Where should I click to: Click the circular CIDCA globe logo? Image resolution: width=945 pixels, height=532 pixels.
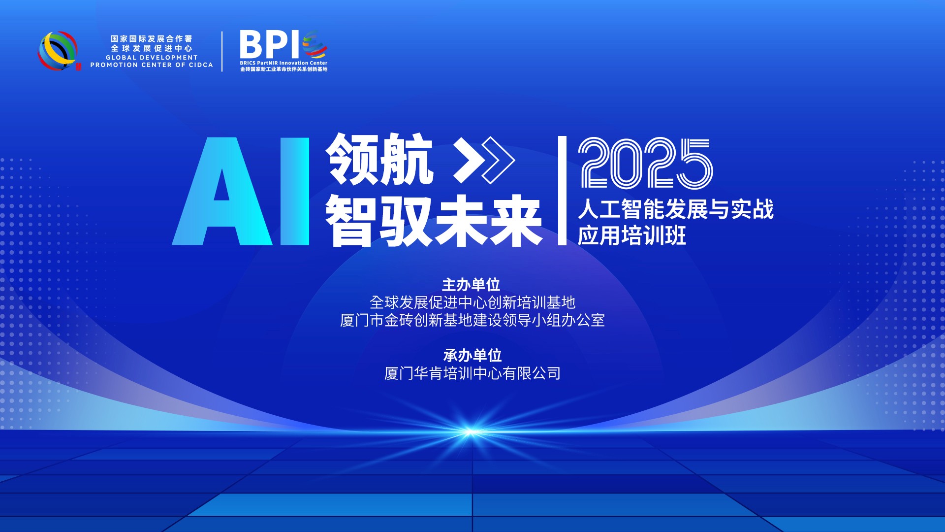(58, 51)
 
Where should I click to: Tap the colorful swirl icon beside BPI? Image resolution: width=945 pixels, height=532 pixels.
(315, 44)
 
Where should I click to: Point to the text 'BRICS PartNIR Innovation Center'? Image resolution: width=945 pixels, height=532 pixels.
(283, 63)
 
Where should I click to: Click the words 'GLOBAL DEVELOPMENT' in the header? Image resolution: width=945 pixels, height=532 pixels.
(152, 58)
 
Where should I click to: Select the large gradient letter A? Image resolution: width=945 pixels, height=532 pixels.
(222, 192)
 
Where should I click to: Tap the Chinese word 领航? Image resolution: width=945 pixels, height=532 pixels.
(379, 159)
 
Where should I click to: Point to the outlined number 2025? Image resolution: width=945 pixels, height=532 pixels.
(646, 163)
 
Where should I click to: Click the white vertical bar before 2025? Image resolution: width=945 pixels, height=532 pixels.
(562, 190)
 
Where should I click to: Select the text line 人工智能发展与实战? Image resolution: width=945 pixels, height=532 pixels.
(675, 209)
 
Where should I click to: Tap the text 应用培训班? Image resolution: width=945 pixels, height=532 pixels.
(631, 235)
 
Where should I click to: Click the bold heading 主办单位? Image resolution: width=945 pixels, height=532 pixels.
(471, 285)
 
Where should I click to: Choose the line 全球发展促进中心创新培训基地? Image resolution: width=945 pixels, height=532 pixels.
(472, 302)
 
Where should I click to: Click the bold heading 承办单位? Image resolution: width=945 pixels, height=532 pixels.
(472, 355)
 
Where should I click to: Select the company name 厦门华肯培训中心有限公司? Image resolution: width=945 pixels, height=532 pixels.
(472, 373)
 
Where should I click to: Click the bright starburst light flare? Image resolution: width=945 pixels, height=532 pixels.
(470, 432)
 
